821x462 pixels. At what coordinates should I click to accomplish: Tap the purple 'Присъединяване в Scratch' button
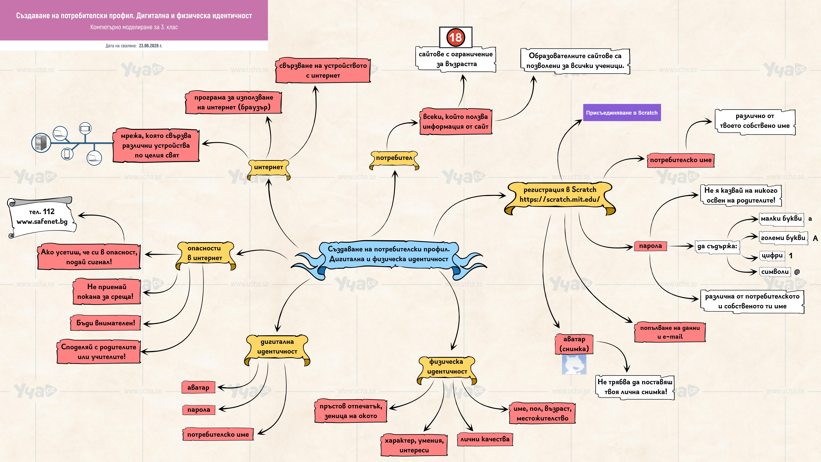[x=622, y=113]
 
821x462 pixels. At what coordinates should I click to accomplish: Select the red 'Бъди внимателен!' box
[x=105, y=323]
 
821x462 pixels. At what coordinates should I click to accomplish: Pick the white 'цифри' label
[x=772, y=255]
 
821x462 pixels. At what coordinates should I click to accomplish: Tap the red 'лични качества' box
[x=485, y=439]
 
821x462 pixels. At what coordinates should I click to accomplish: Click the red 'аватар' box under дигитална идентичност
[x=198, y=387]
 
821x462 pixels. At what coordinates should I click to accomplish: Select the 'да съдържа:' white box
[x=717, y=246]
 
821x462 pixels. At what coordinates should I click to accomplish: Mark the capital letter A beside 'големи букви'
[x=815, y=238]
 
